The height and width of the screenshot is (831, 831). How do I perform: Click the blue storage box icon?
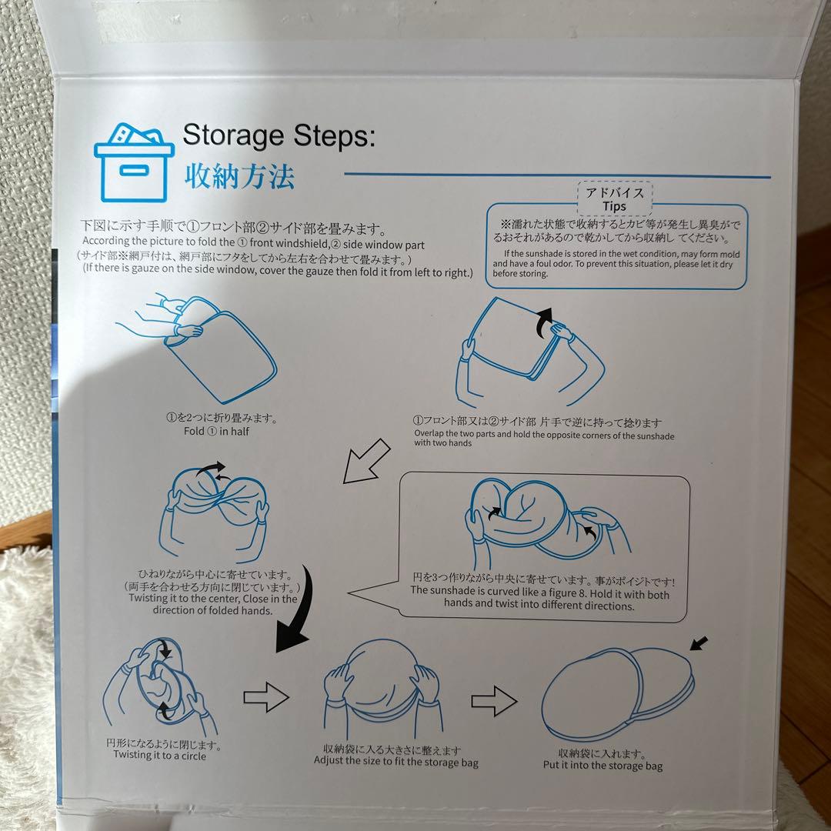[x=134, y=162]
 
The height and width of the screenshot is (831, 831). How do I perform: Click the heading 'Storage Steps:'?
[x=279, y=135]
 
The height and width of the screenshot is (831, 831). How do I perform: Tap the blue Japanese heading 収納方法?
[x=239, y=176]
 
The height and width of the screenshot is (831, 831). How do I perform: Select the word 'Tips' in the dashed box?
[x=614, y=206]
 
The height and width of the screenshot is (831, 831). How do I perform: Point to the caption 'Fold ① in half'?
[x=216, y=431]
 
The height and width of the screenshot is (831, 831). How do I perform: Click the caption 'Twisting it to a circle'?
[x=159, y=756]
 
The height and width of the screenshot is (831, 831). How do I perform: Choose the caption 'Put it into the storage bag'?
[x=602, y=766]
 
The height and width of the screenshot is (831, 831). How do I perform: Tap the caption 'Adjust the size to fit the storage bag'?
[x=396, y=762]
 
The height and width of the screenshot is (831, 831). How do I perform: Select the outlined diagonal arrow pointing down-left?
[x=366, y=461]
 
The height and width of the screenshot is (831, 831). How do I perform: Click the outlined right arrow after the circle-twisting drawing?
[x=266, y=697]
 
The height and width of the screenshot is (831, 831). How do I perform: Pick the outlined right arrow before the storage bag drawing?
[x=494, y=701]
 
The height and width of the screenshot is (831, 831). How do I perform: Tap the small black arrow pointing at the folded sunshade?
[x=699, y=643]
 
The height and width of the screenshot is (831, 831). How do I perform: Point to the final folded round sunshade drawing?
[x=618, y=694]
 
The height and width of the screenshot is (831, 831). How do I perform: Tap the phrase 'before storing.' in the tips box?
[x=520, y=273]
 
